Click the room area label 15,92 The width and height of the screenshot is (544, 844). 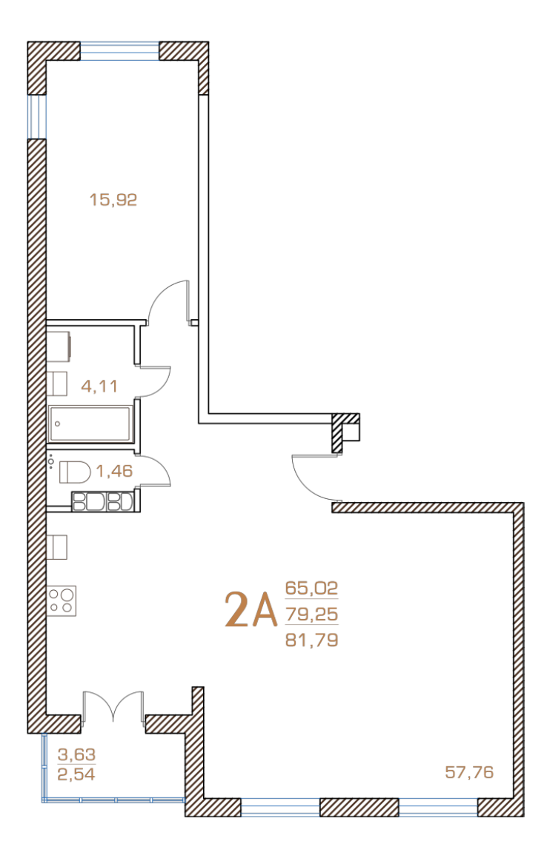tap(113, 200)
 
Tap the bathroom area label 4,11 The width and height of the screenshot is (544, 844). tap(99, 386)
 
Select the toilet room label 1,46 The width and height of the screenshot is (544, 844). tap(114, 471)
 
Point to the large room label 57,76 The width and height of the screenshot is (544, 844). tap(469, 772)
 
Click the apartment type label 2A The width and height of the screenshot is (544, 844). tap(251, 610)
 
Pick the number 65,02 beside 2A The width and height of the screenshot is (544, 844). tap(311, 588)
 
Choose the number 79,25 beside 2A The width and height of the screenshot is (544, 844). tap(311, 614)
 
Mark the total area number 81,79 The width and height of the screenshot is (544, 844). tap(311, 640)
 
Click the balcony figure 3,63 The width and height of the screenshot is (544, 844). tap(76, 754)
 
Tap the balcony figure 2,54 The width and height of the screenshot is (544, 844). tap(76, 774)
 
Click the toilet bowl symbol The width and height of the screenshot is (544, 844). tap(74, 472)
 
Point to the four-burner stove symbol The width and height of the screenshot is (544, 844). tap(62, 600)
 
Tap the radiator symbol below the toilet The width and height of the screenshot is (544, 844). tap(103, 501)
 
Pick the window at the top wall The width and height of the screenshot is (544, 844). tap(119, 51)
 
